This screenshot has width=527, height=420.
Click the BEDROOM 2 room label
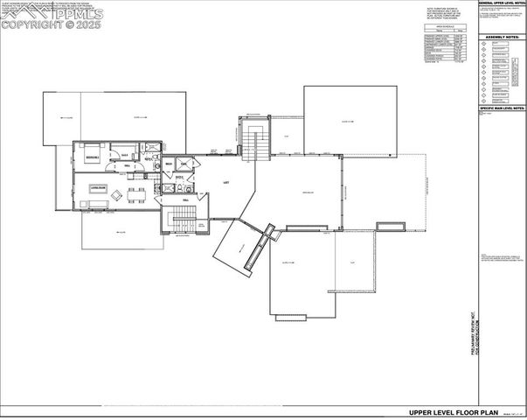click(91, 157)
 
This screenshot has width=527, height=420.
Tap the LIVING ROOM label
click(97, 187)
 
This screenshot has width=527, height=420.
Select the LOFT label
click(225, 182)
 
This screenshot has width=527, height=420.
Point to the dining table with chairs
click(136, 192)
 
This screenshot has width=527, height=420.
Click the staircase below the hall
click(181, 221)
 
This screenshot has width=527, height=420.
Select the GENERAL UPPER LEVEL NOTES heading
click(502, 3)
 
